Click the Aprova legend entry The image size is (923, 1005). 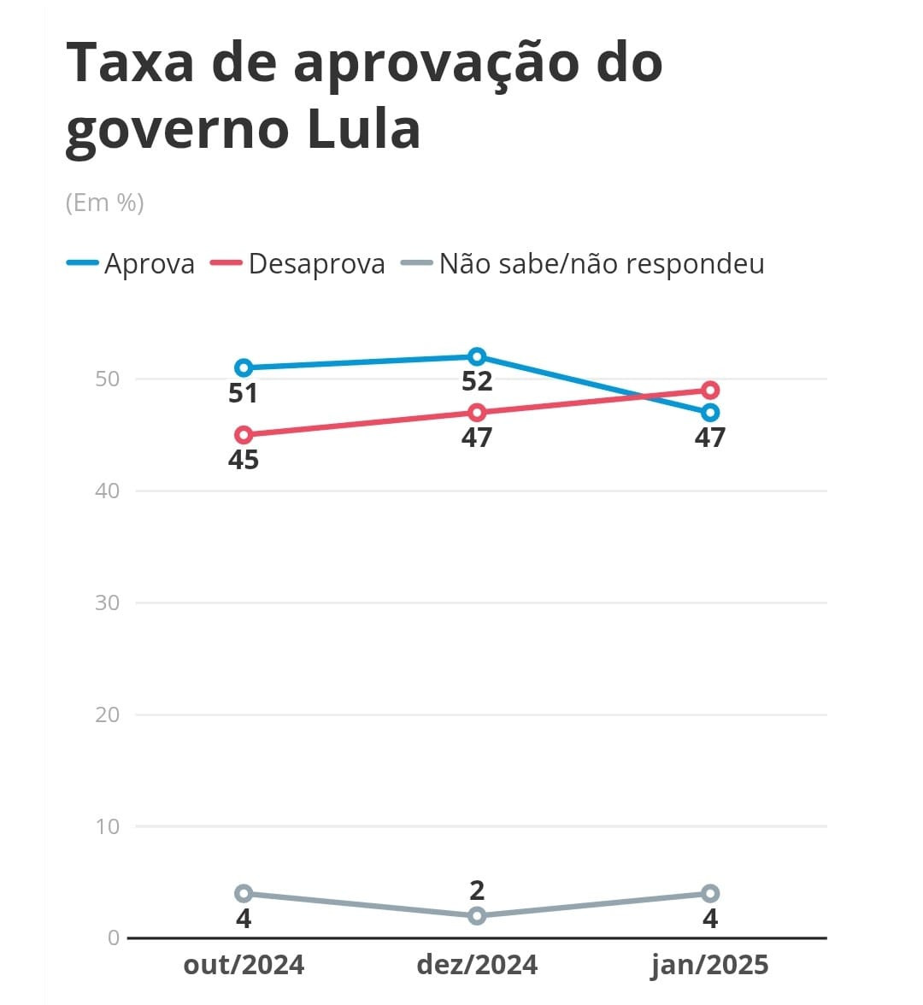click(x=132, y=263)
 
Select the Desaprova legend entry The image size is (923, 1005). click(x=298, y=263)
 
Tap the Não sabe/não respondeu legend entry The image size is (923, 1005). click(x=583, y=263)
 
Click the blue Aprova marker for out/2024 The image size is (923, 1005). click(x=244, y=367)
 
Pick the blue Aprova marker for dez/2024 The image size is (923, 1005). click(x=477, y=356)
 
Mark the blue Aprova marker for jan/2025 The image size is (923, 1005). click(x=710, y=413)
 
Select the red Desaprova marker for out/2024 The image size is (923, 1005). click(x=244, y=435)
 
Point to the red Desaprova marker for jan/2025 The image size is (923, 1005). click(x=710, y=391)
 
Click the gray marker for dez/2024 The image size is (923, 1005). click(x=477, y=916)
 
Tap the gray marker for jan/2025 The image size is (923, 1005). click(x=710, y=894)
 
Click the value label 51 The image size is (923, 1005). click(x=244, y=393)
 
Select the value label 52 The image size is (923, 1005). click(x=477, y=381)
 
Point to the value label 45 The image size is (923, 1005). click(x=244, y=460)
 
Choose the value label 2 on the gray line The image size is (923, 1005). click(x=477, y=890)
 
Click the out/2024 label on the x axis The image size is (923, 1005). click(x=244, y=965)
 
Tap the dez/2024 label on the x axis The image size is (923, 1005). click(x=477, y=965)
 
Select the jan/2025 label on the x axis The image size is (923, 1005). click(x=710, y=965)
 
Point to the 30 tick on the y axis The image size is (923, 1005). click(x=108, y=602)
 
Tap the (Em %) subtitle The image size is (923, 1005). click(x=104, y=203)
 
